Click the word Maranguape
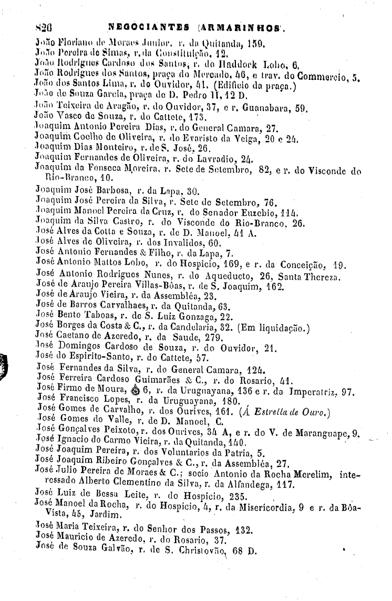point(327,434)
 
